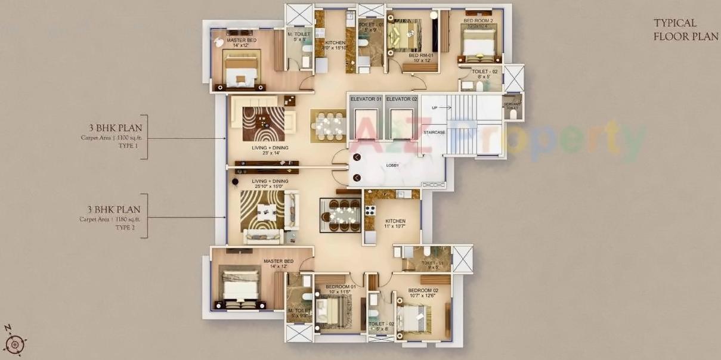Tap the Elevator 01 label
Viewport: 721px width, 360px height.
tap(366, 98)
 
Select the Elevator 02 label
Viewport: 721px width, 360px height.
tap(401, 98)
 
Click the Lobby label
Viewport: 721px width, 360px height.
tap(392, 165)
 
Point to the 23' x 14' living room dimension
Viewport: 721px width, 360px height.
tap(266, 153)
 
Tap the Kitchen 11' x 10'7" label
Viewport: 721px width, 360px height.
tap(395, 224)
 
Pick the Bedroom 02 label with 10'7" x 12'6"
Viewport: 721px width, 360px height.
tap(423, 293)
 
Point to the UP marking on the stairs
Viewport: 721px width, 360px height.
tap(434, 108)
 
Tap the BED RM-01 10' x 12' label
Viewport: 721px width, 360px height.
tap(420, 58)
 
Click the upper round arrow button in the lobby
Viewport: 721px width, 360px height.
tap(357, 157)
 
